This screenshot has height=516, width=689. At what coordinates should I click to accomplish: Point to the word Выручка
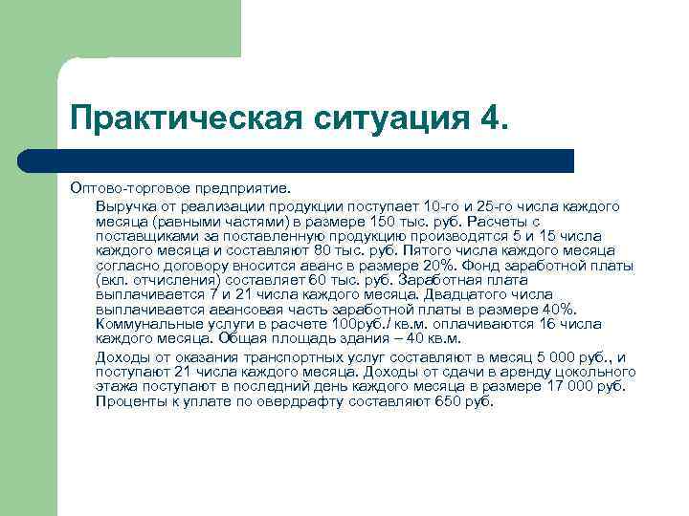point(125,205)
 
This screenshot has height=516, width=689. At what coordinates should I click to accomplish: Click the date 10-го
point(442,205)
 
